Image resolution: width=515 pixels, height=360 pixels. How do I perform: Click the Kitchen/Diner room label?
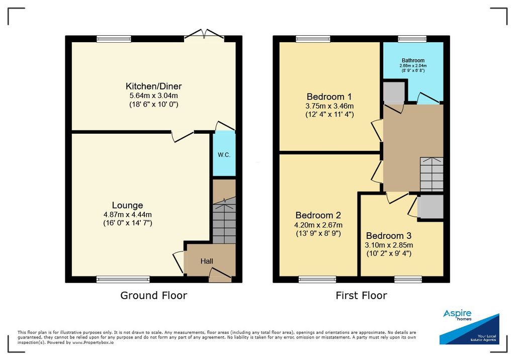pos(153,86)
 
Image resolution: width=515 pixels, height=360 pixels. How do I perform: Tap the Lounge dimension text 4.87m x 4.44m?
pos(127,215)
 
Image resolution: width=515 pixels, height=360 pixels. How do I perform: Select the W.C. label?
pos(224,155)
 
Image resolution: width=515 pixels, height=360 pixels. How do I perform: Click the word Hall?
pos(207,261)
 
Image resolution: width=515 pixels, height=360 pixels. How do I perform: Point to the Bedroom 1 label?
pos(329,97)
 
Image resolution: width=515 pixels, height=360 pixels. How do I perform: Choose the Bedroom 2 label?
pos(318,215)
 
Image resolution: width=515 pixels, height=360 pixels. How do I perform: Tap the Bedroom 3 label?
pos(389,235)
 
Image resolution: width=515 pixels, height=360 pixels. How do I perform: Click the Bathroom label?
pos(413,60)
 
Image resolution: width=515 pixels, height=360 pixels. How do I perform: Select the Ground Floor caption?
pos(154,295)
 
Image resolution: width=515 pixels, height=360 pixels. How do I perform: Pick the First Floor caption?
pos(361,295)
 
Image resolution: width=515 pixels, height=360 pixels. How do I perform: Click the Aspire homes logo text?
pos(457,315)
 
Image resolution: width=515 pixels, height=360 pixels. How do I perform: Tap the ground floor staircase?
pos(224,220)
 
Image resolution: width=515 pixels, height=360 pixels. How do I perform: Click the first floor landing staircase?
pos(432,174)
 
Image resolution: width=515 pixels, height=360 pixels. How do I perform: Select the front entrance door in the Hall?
pos(220,275)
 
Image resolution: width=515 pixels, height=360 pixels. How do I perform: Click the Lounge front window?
pos(123,280)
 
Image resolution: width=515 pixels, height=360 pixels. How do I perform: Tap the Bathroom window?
pos(412,39)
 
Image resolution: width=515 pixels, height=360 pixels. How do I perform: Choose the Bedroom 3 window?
pos(408,280)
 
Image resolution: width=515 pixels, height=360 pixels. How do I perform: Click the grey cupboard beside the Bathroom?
pos(394,93)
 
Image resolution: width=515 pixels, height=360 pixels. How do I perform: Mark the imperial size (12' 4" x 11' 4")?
pos(329,115)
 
